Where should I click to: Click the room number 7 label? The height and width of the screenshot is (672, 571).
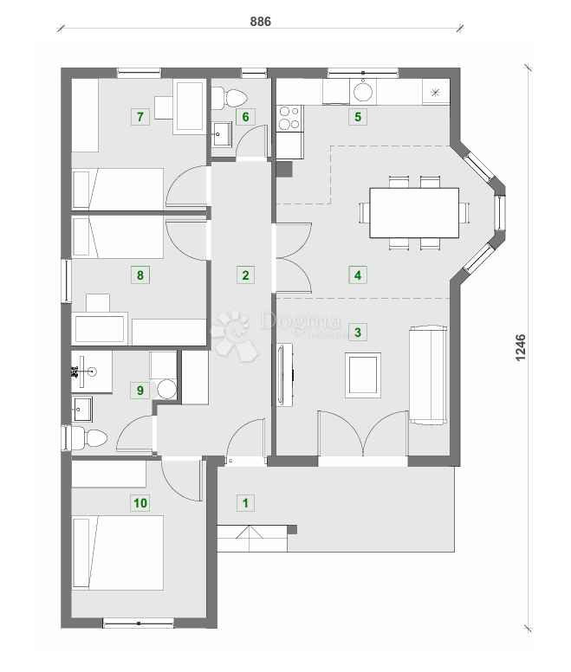click(139, 116)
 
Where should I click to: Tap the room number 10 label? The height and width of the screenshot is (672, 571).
click(139, 501)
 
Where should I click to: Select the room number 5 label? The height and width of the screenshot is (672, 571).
click(356, 116)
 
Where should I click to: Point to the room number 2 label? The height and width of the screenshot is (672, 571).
click(246, 276)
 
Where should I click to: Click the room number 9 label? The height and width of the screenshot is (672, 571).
click(139, 390)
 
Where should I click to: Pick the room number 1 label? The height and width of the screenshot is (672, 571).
click(246, 501)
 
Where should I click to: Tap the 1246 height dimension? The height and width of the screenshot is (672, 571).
click(521, 347)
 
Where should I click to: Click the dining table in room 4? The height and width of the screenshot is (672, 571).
click(414, 213)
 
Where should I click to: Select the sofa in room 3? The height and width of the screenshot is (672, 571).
click(428, 376)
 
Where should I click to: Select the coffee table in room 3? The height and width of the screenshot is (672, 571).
click(362, 375)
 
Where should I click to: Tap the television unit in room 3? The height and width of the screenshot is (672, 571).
click(283, 374)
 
